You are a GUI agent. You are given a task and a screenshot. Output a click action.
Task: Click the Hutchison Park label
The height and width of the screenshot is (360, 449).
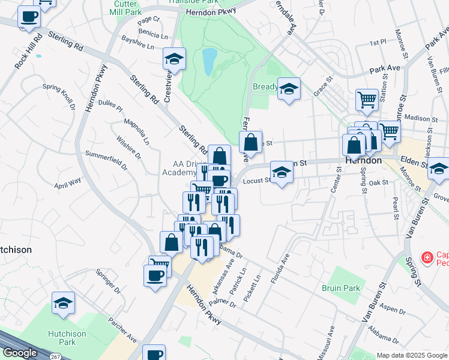67,338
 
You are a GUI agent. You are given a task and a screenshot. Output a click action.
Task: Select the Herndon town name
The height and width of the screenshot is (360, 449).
364,161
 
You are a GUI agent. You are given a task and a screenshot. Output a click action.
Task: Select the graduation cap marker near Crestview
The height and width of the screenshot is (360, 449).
174,58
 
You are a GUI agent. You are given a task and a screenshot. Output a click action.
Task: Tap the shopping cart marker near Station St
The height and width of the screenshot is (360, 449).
367,100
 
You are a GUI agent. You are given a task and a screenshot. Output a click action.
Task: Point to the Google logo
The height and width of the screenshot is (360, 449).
20,353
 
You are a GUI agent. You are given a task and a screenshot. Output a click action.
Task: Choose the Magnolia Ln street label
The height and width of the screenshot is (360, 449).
136,131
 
